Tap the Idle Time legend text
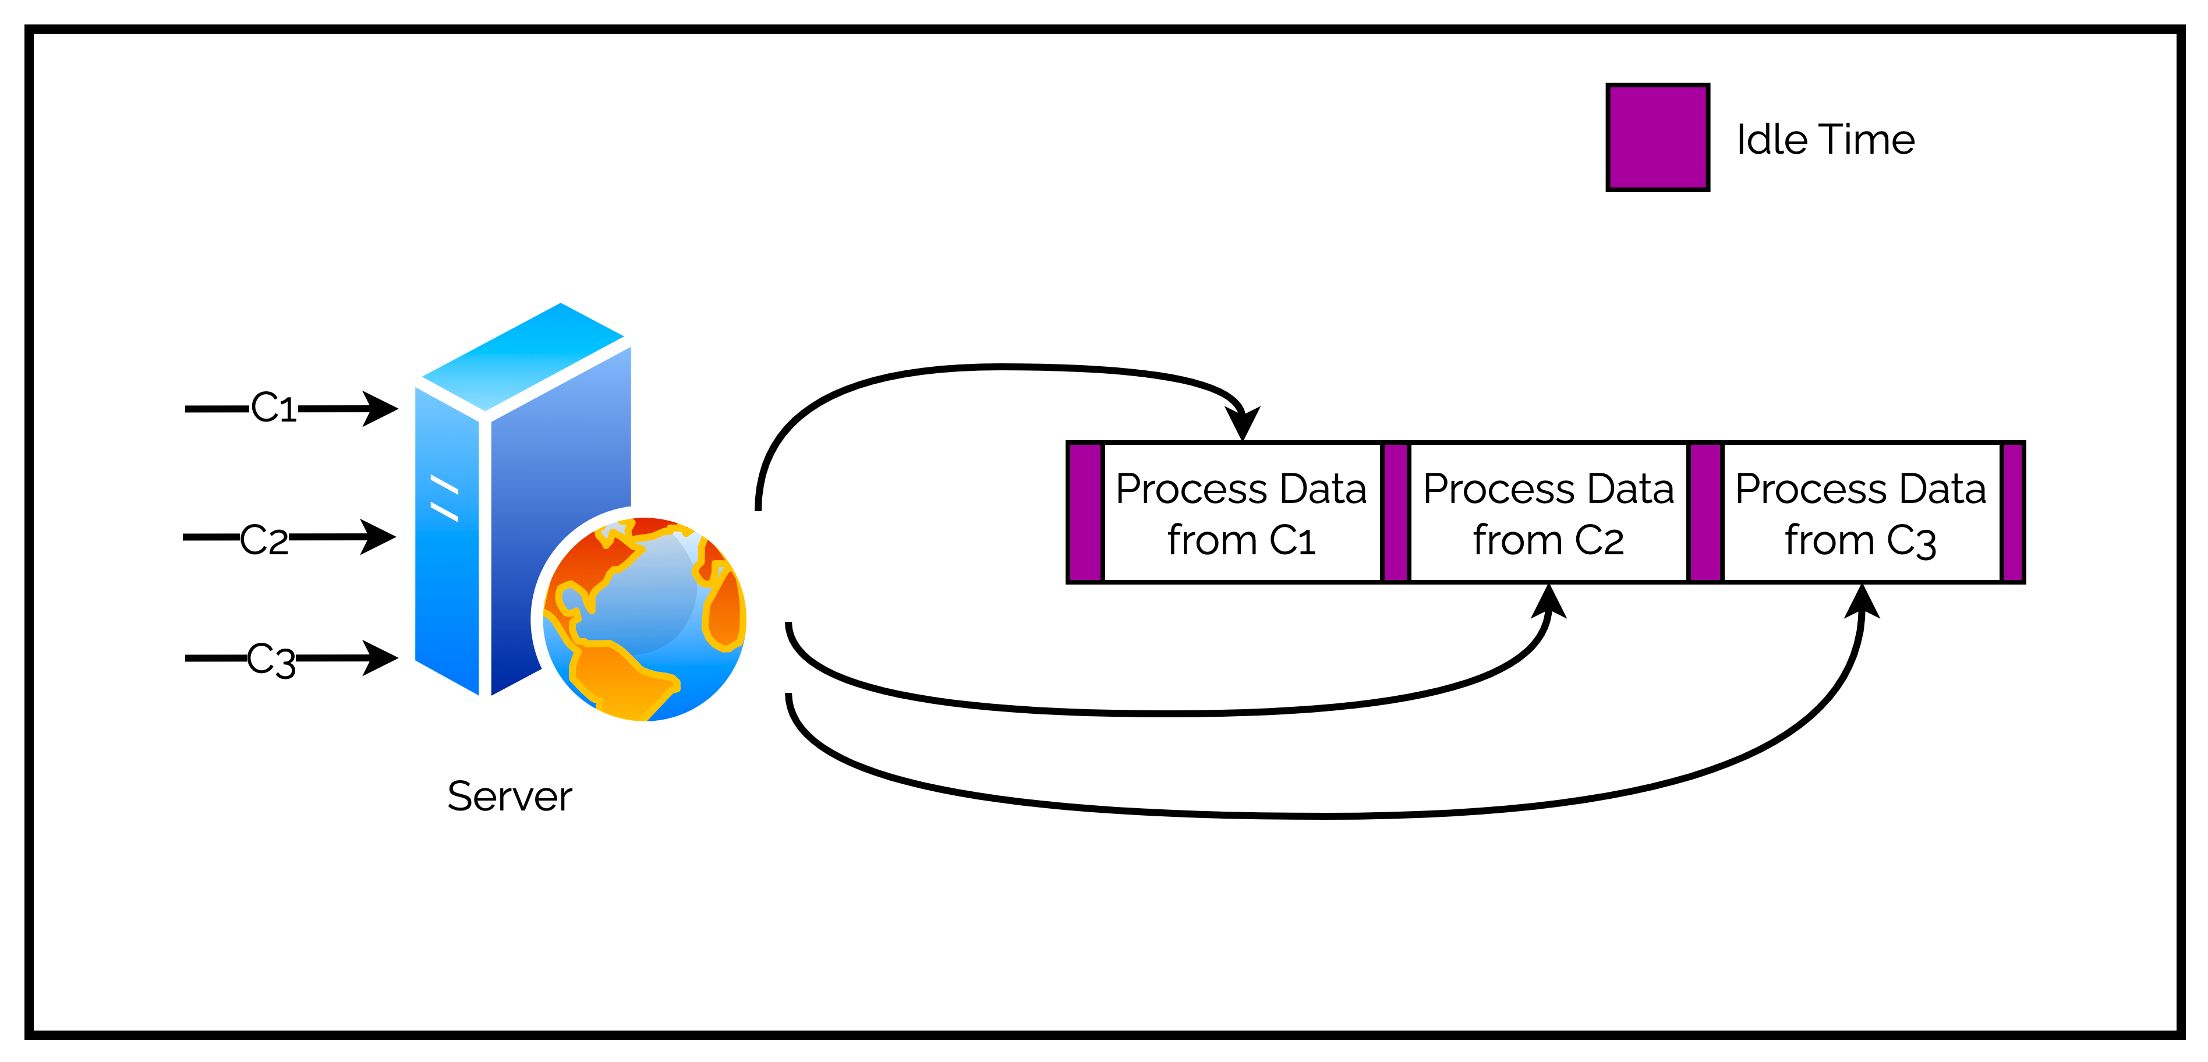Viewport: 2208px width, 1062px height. [1825, 140]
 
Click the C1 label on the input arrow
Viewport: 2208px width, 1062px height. [274, 408]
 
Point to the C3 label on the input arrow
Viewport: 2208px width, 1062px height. [271, 661]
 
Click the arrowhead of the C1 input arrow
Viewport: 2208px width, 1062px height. [380, 409]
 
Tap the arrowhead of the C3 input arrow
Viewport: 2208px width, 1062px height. [380, 659]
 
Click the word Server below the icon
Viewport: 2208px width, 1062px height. [509, 796]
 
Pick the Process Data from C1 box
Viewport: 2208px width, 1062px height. [1241, 514]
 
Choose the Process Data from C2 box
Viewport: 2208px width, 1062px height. [1548, 514]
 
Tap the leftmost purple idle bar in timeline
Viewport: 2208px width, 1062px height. [1085, 512]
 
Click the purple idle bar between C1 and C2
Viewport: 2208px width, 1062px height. [1395, 512]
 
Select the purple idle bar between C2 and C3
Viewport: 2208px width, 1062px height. [1705, 512]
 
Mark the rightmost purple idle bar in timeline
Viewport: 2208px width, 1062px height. [2012, 512]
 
